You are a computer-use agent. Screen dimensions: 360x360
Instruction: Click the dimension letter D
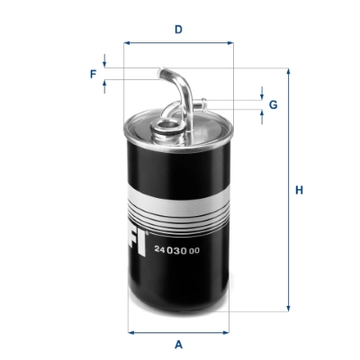pyautogui.click(x=179, y=29)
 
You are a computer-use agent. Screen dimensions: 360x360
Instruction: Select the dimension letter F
pyautogui.click(x=93, y=74)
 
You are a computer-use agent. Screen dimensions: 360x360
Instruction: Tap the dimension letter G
pyautogui.click(x=273, y=104)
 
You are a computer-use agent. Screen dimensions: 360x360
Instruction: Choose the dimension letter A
pyautogui.click(x=179, y=344)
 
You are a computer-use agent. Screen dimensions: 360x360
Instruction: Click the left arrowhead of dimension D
pyautogui.click(x=128, y=42)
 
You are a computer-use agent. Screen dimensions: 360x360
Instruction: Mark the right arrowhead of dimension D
pyautogui.click(x=229, y=42)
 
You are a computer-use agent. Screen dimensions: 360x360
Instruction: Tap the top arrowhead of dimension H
pyautogui.click(x=289, y=71)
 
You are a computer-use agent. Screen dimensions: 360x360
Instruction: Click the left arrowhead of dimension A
pyautogui.click(x=132, y=331)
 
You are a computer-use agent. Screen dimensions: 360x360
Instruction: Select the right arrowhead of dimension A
pyautogui.click(x=226, y=331)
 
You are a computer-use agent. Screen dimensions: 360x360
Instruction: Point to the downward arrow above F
pyautogui.click(x=105, y=63)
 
